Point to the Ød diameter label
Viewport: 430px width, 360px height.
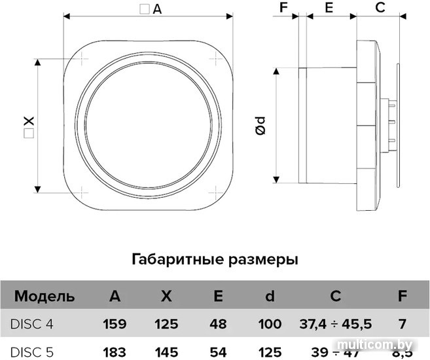[x=260, y=126]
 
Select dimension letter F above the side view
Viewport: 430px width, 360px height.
[x=283, y=7]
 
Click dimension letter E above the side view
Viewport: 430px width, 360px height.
[x=329, y=7]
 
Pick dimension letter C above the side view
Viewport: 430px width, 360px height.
[x=380, y=7]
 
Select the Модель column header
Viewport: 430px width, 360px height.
[x=45, y=297]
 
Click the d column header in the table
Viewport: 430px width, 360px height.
[x=270, y=296]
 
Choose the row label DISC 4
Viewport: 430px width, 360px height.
[x=32, y=324]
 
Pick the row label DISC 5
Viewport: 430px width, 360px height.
[x=32, y=352]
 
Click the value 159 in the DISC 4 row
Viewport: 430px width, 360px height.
[x=115, y=324]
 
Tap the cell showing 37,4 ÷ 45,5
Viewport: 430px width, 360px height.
[x=336, y=324]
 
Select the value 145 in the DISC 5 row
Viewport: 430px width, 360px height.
[x=166, y=352]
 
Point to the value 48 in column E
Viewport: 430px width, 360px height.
[x=218, y=324]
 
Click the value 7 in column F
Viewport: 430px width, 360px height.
[x=403, y=324]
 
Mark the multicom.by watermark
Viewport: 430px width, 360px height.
[x=375, y=344]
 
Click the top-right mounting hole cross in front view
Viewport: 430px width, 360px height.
[x=216, y=58]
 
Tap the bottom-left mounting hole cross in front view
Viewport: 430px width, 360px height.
[x=81, y=192]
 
